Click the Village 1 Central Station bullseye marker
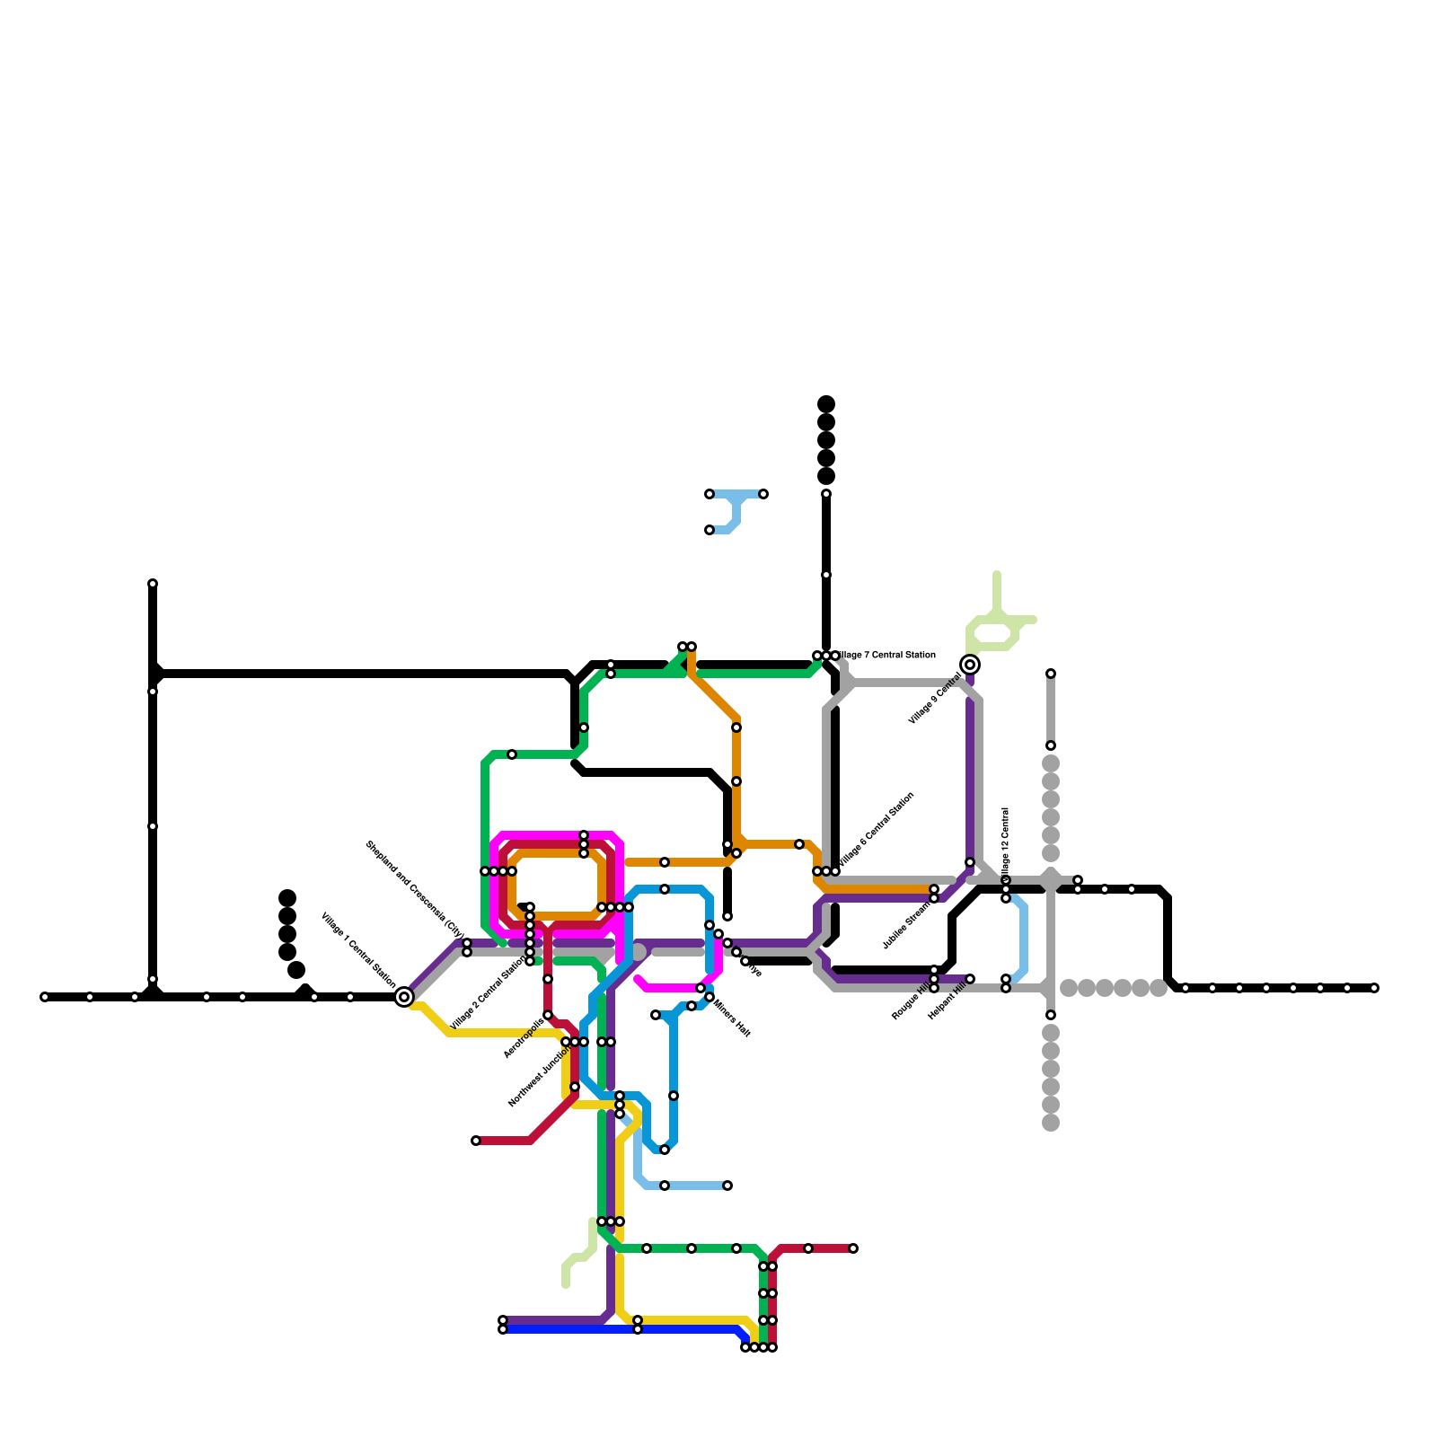coord(404,997)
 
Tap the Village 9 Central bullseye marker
coord(970,665)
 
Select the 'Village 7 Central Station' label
coord(887,656)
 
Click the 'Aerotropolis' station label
coord(524,1037)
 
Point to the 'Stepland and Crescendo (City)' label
coord(414,889)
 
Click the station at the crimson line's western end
coord(476,1141)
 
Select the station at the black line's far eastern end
coord(1374,988)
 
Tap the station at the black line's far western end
coord(45,997)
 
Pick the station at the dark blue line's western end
coord(503,1329)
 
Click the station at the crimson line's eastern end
coord(853,1248)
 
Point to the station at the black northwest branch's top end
coord(153,584)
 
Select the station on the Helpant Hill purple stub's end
coord(970,979)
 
